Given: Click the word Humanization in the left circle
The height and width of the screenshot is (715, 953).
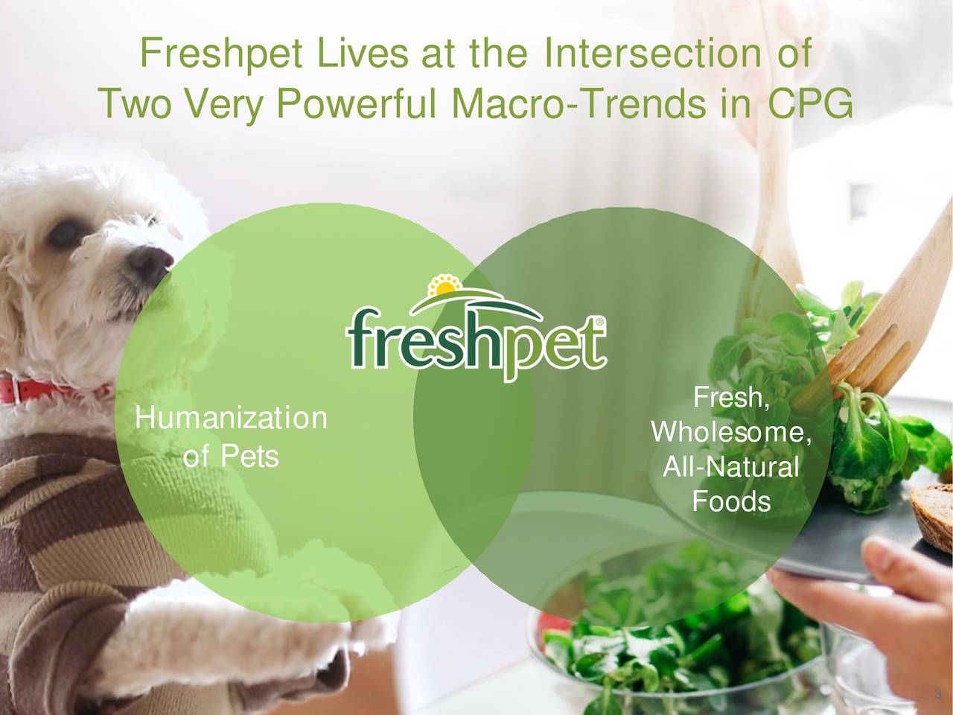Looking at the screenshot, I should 231,419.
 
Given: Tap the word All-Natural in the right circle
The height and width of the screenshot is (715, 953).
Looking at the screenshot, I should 730,468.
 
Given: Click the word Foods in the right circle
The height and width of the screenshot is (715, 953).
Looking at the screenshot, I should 730,502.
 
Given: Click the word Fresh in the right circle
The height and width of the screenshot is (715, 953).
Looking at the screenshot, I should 729,398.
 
